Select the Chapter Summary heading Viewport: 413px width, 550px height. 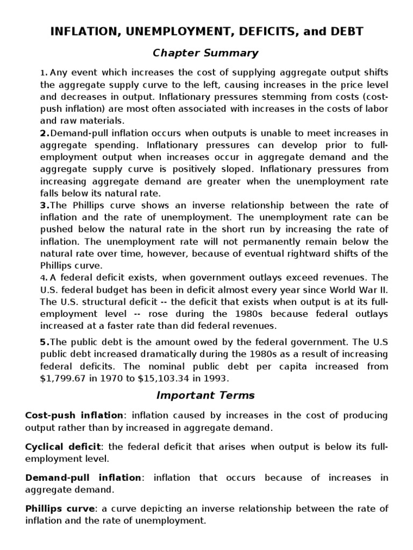point(206,53)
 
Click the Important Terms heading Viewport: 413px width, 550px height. point(205,395)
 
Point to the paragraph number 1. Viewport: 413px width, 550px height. point(44,73)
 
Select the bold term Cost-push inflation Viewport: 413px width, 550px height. point(74,415)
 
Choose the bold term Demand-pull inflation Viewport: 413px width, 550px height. point(83,477)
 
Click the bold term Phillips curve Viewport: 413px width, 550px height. point(59,509)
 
